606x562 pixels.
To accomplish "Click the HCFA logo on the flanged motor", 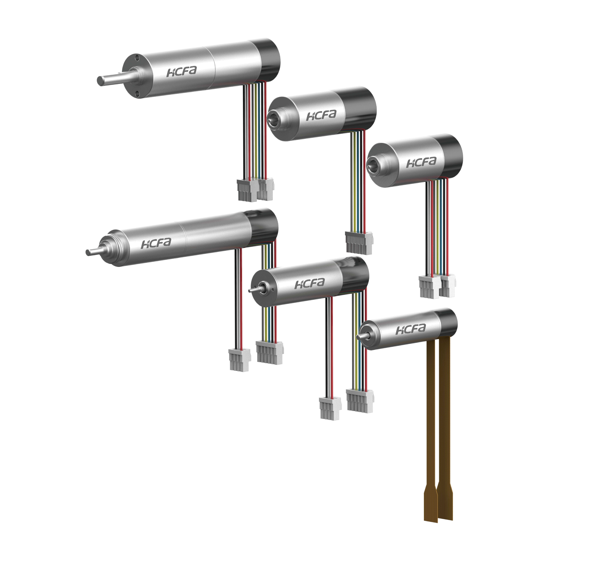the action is pos(182,72).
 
